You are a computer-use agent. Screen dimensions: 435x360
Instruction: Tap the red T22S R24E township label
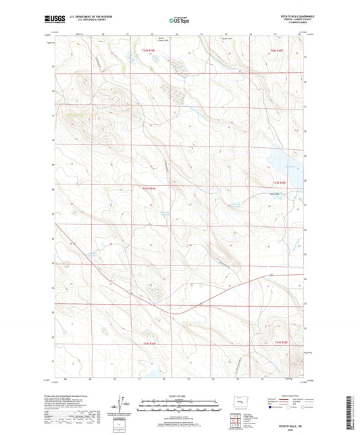(x=149, y=50)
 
